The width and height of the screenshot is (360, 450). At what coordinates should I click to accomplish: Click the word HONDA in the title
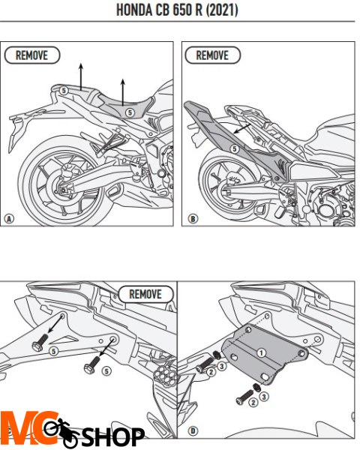(134, 10)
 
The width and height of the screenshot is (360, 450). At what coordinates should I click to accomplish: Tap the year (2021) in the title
(222, 10)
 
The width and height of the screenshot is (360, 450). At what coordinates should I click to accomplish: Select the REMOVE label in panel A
(31, 55)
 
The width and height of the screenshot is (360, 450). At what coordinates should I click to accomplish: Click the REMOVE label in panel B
(212, 55)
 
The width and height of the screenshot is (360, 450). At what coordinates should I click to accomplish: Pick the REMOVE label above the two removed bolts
(145, 294)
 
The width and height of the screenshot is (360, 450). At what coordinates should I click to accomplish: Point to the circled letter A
(9, 219)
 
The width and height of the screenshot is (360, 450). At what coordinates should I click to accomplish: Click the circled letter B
(193, 219)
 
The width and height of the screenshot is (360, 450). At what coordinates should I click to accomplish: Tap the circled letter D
(193, 430)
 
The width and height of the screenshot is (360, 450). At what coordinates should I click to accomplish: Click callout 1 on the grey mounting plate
(261, 352)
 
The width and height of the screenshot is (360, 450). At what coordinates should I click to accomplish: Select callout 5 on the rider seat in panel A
(130, 112)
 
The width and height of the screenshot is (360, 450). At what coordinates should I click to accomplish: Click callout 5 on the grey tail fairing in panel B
(235, 149)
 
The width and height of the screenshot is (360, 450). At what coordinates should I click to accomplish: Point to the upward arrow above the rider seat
(123, 93)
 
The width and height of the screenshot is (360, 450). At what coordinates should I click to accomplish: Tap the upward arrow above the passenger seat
(81, 77)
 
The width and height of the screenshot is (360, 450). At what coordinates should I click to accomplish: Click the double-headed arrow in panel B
(242, 128)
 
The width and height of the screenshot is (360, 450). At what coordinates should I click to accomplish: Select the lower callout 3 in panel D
(264, 397)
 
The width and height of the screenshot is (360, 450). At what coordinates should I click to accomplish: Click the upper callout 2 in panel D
(211, 372)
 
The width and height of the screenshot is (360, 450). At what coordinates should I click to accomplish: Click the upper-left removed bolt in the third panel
(38, 342)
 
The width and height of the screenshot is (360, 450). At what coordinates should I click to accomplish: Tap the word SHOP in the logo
(113, 436)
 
